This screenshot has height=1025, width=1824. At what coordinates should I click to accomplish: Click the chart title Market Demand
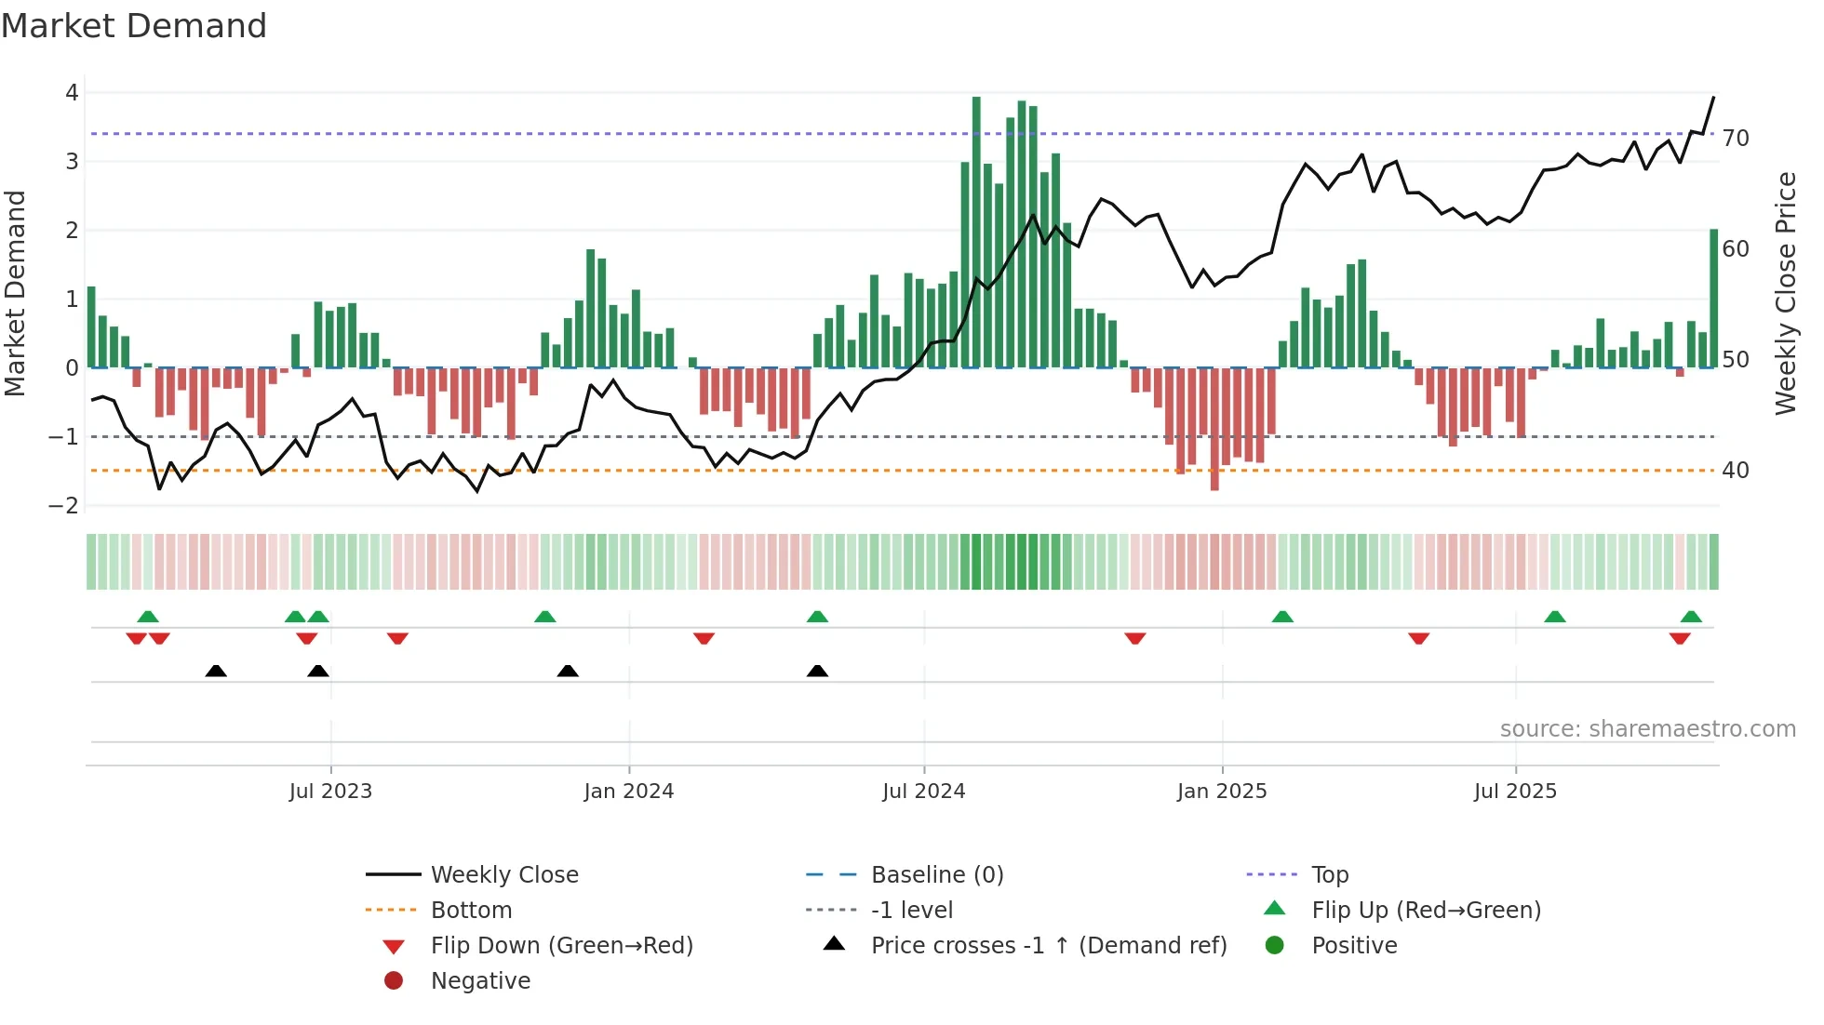[x=134, y=26]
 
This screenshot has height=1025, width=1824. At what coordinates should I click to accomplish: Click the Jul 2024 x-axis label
[x=923, y=792]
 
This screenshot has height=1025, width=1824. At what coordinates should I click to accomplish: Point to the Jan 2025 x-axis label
[x=1221, y=792]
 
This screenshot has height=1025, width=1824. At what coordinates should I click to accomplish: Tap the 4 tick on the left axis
[x=72, y=93]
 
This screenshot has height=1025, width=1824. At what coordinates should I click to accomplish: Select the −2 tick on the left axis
[x=64, y=506]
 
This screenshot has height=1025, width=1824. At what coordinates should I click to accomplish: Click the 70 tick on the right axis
[x=1735, y=139]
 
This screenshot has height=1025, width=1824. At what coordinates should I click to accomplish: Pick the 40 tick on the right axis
[x=1735, y=471]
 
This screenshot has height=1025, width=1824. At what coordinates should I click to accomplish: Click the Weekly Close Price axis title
[x=1785, y=293]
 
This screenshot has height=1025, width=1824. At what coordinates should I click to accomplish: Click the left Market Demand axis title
[x=16, y=293]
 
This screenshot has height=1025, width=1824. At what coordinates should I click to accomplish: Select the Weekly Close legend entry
[x=503, y=875]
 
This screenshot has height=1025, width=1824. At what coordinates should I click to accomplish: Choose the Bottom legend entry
[x=471, y=911]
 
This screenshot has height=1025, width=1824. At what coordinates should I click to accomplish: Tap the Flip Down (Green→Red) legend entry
[x=561, y=946]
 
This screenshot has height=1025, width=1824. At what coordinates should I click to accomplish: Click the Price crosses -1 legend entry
[x=1048, y=946]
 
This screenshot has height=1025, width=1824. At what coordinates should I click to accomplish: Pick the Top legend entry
[x=1329, y=875]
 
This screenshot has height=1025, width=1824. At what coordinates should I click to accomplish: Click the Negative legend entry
[x=480, y=981]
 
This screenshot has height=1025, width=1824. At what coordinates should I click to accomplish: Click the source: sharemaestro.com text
[x=1647, y=729]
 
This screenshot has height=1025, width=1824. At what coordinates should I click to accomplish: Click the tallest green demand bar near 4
[x=976, y=233]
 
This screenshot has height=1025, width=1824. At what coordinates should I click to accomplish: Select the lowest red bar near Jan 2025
[x=1214, y=428]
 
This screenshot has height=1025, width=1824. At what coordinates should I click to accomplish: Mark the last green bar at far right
[x=1713, y=298]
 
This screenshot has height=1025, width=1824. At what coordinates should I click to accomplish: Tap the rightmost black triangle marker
[x=817, y=671]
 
